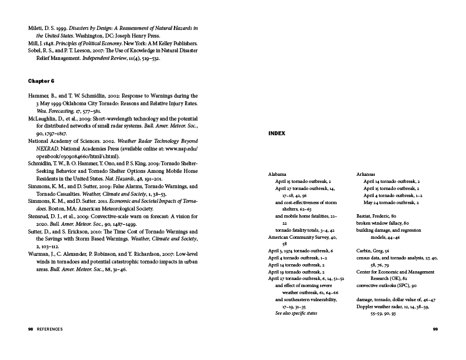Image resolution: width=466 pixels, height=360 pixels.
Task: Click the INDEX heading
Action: coord(277,134)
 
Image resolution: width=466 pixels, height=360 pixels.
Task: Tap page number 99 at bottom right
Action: coord(435,329)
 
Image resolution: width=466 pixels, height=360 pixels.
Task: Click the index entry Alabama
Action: coord(277,175)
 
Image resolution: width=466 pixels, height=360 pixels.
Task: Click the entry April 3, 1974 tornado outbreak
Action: coord(300,251)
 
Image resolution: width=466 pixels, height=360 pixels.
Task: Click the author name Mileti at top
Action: coord(36,28)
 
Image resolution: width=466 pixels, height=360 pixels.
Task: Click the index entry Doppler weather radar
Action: coord(387,306)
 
